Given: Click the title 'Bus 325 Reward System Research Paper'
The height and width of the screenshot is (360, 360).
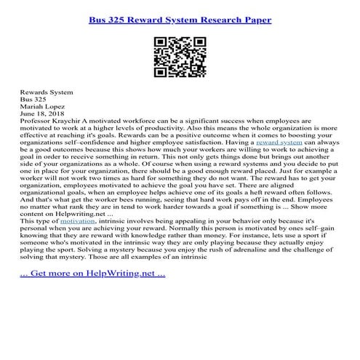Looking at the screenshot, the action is (x=180, y=19).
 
